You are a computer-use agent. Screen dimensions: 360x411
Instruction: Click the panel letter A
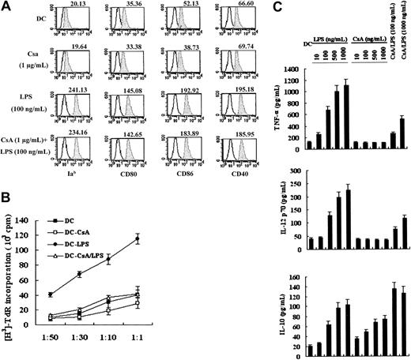pyautogui.click(x=6, y=7)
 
